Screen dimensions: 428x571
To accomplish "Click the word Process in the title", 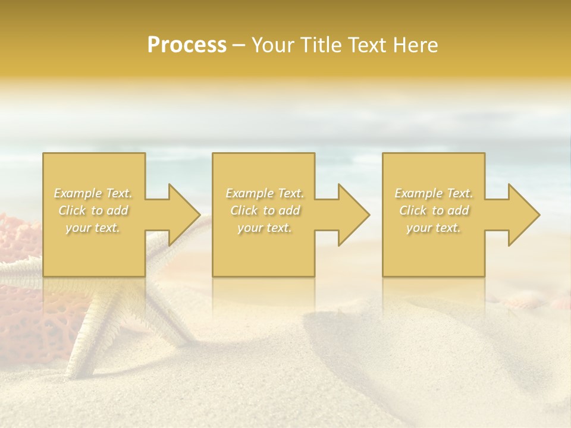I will click(x=187, y=45).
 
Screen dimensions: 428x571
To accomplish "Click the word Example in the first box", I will click(x=77, y=193).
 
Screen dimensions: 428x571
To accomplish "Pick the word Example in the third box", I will click(x=418, y=193).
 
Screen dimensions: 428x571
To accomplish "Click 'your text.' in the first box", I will click(x=93, y=228).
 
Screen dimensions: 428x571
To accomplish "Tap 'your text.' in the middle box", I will click(x=264, y=228).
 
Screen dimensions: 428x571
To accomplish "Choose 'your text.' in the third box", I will click(x=434, y=228).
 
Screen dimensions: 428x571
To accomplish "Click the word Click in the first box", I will click(x=72, y=210).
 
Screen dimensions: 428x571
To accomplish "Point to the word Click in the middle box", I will click(x=244, y=210).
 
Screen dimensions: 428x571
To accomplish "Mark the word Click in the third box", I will click(x=413, y=210).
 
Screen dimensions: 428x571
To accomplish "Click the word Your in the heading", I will click(x=272, y=45).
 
